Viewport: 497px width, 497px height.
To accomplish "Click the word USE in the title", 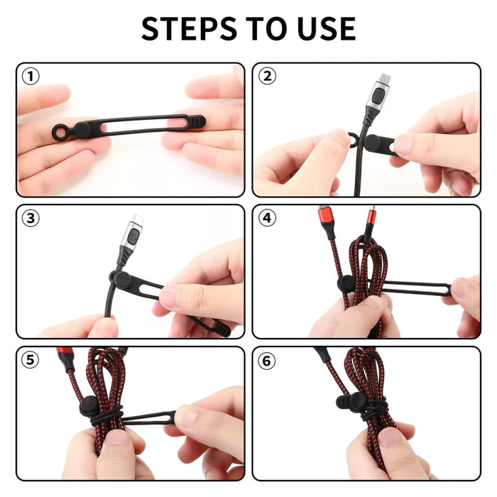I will (x=322, y=28).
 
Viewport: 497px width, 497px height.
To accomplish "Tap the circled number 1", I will (x=30, y=76).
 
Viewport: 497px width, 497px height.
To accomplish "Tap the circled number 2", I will (x=266, y=76).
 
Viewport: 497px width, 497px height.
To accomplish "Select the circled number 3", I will (x=30, y=218).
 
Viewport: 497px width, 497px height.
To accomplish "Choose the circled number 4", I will (x=266, y=218).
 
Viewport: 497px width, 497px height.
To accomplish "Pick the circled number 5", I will (x=30, y=360).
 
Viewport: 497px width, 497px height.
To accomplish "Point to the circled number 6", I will (x=266, y=360).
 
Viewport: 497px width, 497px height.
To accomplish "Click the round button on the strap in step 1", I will (x=82, y=130).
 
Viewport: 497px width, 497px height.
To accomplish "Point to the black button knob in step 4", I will (x=346, y=283).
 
